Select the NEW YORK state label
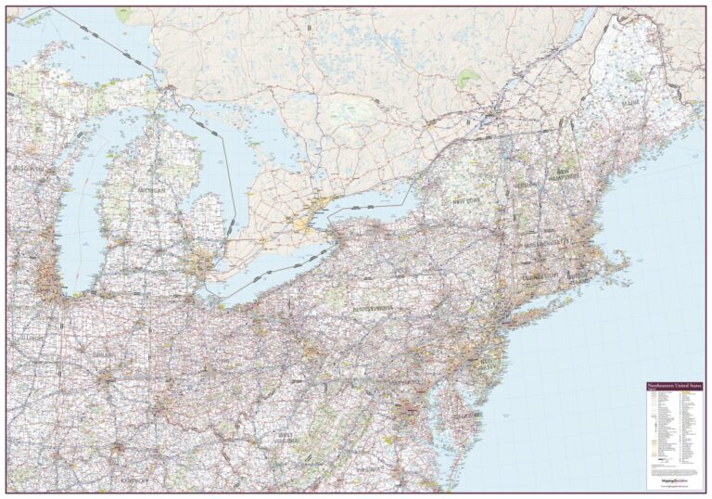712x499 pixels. tap(465, 200)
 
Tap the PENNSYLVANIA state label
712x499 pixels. tap(372, 307)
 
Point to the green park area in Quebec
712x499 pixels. tap(468, 80)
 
